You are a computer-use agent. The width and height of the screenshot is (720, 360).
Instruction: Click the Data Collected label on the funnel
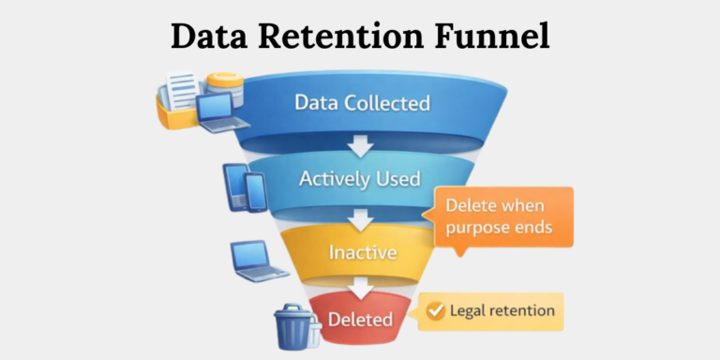click(362, 102)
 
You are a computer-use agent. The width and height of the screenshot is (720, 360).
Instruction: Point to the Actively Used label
click(359, 178)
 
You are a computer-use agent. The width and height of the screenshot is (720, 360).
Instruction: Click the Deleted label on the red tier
click(360, 319)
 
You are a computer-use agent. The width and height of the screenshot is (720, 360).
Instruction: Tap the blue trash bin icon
click(292, 325)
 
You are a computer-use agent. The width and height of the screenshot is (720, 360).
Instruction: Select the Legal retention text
click(502, 310)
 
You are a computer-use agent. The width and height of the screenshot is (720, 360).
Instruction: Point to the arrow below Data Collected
click(360, 143)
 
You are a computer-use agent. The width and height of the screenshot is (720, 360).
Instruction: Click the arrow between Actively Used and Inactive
click(360, 217)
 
